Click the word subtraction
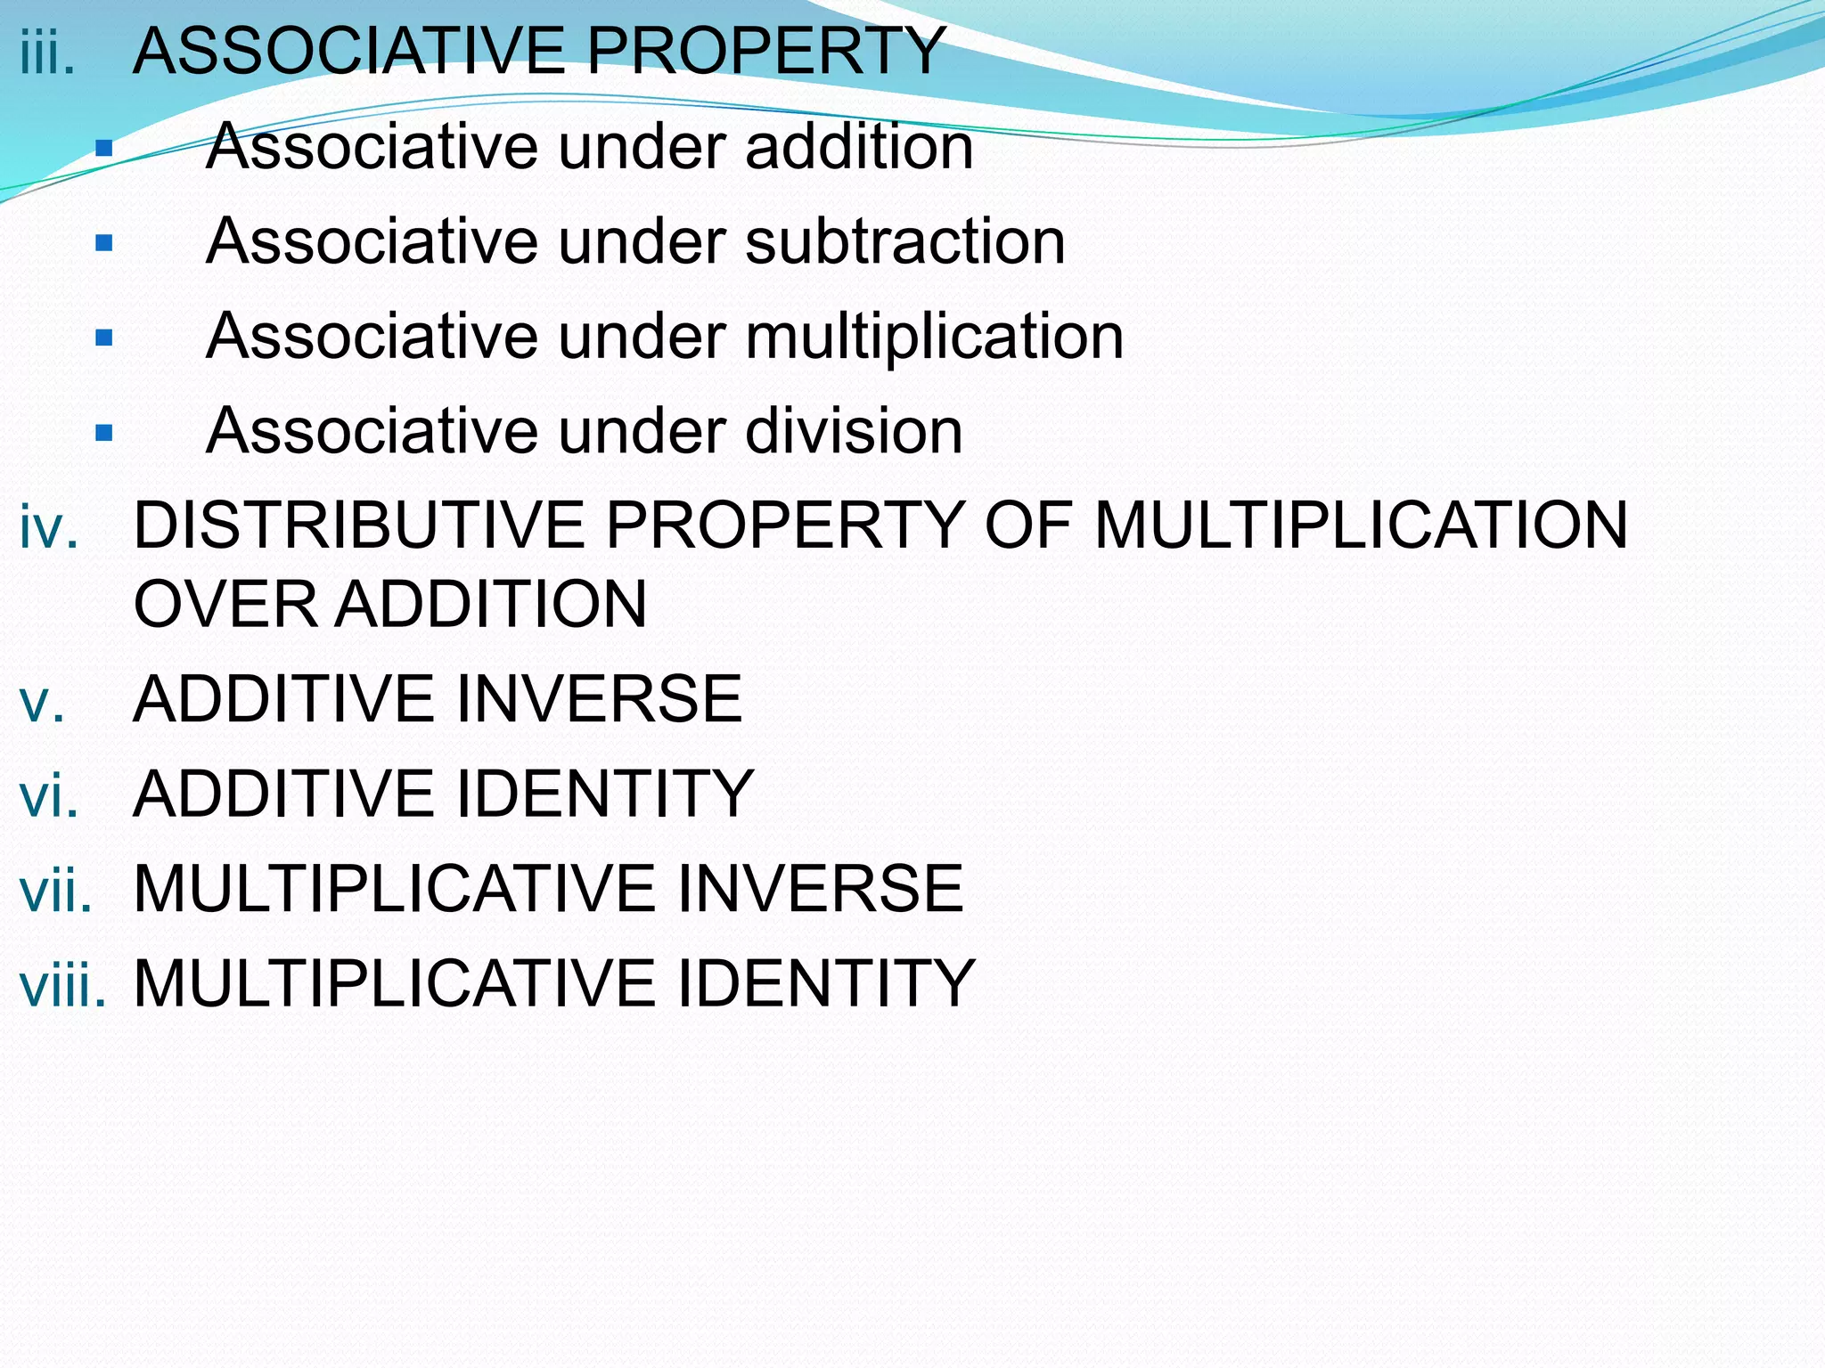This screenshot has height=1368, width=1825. click(x=904, y=241)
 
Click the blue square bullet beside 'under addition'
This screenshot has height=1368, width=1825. click(x=104, y=148)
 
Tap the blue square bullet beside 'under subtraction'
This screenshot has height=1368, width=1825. click(x=104, y=242)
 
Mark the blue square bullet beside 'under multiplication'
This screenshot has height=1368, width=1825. click(x=104, y=338)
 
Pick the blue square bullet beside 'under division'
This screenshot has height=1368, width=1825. click(x=104, y=433)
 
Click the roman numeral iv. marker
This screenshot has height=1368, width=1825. click(x=49, y=526)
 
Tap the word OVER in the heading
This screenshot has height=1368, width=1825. click(x=225, y=604)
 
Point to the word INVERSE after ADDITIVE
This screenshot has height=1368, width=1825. click(x=598, y=699)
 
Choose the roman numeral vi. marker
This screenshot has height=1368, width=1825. click(x=49, y=794)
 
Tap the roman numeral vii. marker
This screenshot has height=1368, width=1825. click(x=55, y=890)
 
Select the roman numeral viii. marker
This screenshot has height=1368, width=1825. click(x=62, y=985)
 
